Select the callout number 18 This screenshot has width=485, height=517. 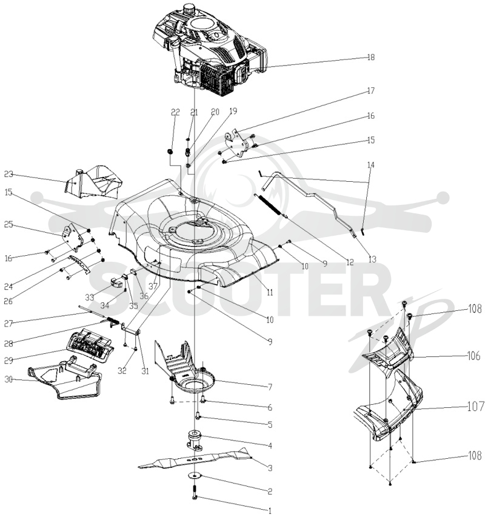(371, 58)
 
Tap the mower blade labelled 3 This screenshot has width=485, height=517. (195, 459)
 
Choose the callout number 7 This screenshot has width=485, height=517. (270, 387)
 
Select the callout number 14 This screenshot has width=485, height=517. (371, 165)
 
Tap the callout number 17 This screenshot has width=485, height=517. (371, 91)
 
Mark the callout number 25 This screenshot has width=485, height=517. (8, 224)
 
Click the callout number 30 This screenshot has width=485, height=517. (8, 379)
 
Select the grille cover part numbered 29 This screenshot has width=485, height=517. (90, 345)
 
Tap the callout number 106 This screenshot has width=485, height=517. (474, 356)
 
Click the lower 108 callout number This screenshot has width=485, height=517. (475, 456)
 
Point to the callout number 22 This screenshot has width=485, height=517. (175, 113)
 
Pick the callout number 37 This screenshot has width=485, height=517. (153, 286)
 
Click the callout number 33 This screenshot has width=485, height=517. (90, 298)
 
